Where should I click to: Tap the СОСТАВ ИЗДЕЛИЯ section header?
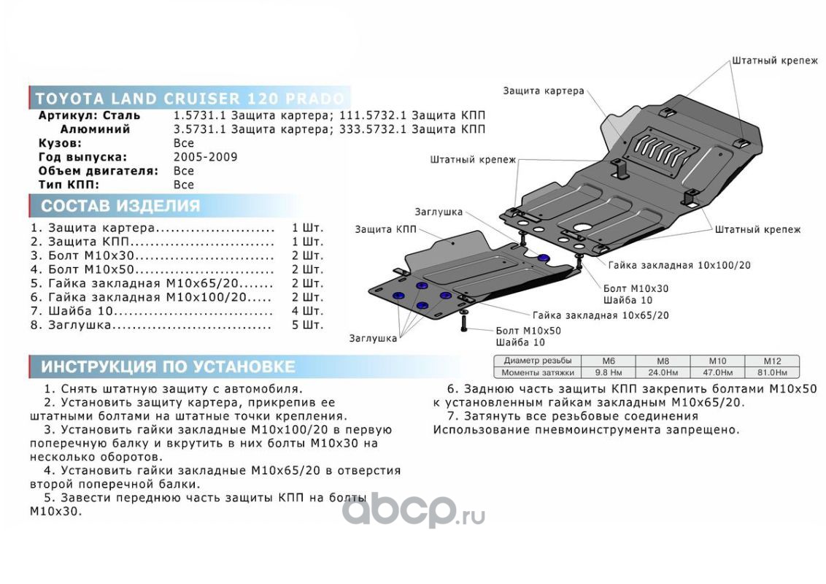tap(120, 206)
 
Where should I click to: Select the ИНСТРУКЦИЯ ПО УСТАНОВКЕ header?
tap(168, 366)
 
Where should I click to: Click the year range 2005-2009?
tap(205, 157)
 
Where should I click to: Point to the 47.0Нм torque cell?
tap(717, 372)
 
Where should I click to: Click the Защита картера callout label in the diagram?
tap(543, 91)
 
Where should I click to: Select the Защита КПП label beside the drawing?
tap(385, 229)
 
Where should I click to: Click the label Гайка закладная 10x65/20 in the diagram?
tap(600, 315)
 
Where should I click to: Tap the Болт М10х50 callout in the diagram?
tap(528, 330)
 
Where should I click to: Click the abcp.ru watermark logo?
tap(412, 509)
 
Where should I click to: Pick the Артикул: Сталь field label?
tap(89, 115)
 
